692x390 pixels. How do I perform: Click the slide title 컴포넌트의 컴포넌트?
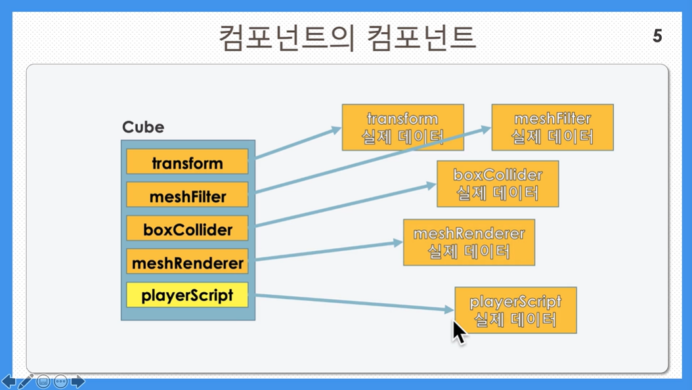point(347,38)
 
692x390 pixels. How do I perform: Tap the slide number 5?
point(658,35)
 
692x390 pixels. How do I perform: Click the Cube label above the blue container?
point(143,127)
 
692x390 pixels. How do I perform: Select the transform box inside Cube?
point(187,162)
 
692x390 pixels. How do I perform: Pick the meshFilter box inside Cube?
point(187,194)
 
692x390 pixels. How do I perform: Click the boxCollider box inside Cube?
point(187,228)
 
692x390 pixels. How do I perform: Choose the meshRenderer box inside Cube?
point(187,261)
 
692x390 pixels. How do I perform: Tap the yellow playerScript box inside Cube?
point(187,295)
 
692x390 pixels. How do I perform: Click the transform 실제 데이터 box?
point(403,127)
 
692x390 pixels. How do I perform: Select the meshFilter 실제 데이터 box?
point(553,127)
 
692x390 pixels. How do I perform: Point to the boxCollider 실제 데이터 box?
point(498,184)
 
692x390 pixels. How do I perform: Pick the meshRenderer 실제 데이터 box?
point(469,243)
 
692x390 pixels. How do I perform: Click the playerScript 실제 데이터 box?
point(515,310)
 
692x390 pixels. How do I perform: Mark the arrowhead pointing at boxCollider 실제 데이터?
point(431,186)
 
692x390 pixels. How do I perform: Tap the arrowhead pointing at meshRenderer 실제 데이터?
point(398,243)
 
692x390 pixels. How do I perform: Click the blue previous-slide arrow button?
point(9,381)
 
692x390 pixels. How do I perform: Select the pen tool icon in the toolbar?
point(26,381)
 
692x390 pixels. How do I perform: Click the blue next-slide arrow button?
point(78,381)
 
